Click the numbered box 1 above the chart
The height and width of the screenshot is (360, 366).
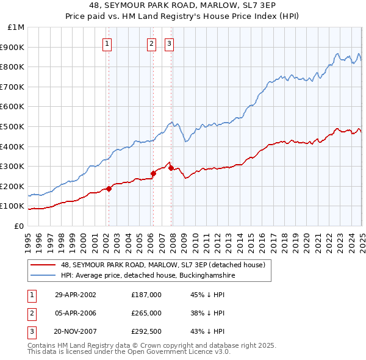point(107,43)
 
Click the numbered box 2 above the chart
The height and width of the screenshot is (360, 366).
point(151,43)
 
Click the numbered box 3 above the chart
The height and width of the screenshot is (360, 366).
point(169,43)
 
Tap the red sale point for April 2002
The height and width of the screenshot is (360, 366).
point(109,189)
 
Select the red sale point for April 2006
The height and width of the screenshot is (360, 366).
point(153,173)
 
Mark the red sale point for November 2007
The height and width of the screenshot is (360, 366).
point(171,168)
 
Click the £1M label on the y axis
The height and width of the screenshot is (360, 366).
point(16,27)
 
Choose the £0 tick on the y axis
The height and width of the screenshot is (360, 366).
point(19,226)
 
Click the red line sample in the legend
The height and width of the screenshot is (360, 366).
point(44,265)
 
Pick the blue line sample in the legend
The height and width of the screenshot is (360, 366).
point(44,276)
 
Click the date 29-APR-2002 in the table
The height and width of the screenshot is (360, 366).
point(76,295)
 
